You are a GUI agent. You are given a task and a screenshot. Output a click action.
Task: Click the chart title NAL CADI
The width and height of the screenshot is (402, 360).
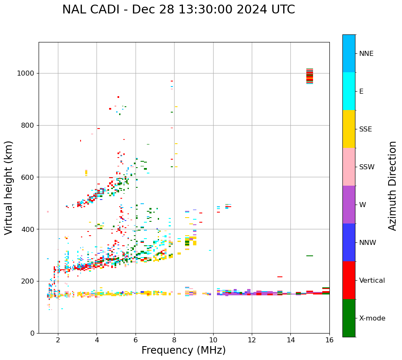[178, 10]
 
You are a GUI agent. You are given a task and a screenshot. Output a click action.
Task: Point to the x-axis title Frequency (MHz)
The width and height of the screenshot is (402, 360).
[183, 350]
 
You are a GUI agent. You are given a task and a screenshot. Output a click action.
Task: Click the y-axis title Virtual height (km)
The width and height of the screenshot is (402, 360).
[9, 188]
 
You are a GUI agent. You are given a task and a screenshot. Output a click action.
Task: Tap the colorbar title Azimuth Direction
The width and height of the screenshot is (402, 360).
[392, 186]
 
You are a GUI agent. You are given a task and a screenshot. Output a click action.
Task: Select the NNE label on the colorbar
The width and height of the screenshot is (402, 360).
[366, 54]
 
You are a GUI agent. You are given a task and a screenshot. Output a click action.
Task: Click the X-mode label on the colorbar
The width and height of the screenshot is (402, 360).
[372, 318]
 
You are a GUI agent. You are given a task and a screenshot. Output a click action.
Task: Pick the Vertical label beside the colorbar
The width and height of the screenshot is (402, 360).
[372, 281]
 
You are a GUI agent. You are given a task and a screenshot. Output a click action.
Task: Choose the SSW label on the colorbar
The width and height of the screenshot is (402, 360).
[366, 167]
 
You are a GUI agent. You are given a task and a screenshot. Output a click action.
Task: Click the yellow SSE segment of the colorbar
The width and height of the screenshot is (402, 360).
[349, 129]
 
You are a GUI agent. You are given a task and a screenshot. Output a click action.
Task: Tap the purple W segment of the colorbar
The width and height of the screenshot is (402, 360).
[349, 205]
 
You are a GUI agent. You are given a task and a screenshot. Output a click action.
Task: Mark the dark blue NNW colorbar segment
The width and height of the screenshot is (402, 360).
[349, 242]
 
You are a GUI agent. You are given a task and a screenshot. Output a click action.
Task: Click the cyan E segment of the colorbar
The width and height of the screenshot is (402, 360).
[349, 91]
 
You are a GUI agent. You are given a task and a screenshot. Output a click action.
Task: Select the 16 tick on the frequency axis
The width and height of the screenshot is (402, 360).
[329, 340]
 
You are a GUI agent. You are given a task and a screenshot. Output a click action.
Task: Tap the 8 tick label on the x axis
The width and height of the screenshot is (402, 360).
[174, 340]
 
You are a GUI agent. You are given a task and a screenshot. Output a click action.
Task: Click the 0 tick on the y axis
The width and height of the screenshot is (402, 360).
[32, 333]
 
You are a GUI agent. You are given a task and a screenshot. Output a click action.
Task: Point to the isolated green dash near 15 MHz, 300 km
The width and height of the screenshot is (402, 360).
[310, 255]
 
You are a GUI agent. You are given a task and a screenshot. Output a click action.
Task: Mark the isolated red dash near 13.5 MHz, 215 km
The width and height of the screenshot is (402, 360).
[280, 277]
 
